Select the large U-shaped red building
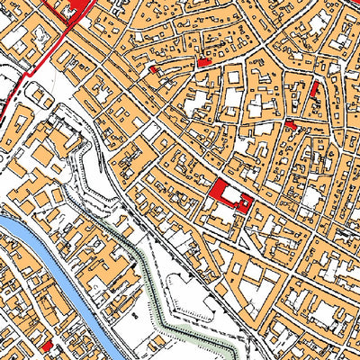click(x=219, y=190)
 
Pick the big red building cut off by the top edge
click(x=76, y=6)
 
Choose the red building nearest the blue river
click(x=48, y=346)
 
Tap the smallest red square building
click(x=153, y=69)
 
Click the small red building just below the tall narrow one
click(x=291, y=123)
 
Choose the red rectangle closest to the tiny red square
click(x=203, y=63)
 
